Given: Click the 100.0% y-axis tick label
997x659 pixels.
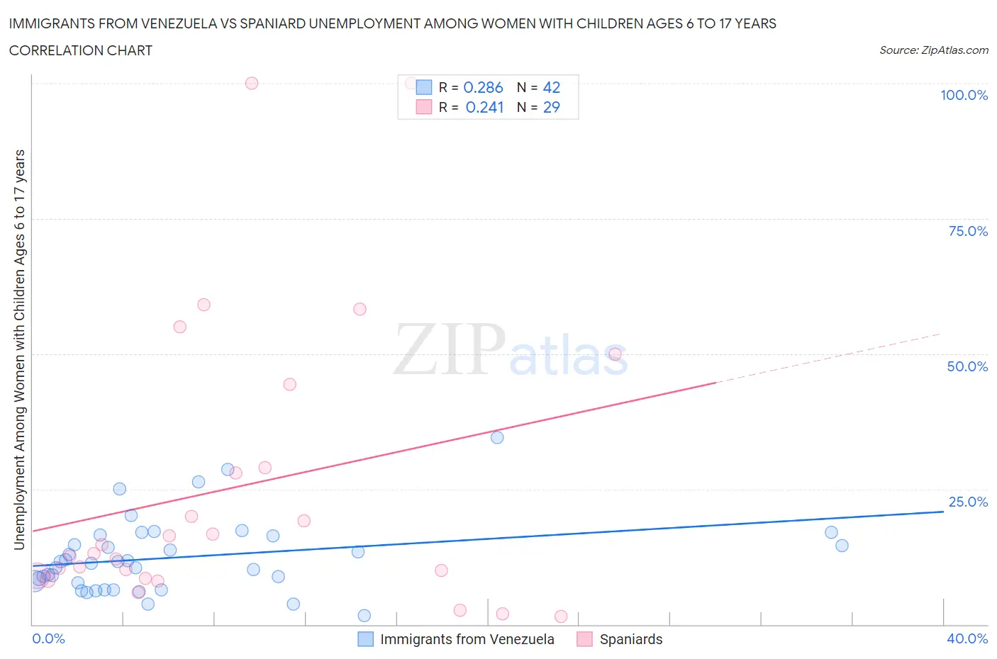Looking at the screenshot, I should (x=964, y=95).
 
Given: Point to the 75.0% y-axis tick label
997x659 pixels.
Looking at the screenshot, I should (x=967, y=231).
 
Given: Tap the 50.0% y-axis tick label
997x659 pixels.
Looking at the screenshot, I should (x=967, y=366).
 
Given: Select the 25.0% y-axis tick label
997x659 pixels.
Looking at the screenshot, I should (x=967, y=502).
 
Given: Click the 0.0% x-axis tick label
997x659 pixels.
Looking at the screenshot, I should (x=48, y=638).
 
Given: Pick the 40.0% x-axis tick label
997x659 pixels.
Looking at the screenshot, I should (x=967, y=638).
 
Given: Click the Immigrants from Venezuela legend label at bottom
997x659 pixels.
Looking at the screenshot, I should (x=467, y=639).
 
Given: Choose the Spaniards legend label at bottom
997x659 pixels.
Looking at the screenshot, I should (x=630, y=639).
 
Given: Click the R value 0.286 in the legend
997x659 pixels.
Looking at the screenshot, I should (x=483, y=87).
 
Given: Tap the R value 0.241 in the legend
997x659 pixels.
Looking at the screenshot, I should (x=484, y=107).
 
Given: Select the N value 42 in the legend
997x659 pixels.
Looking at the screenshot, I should (x=551, y=87).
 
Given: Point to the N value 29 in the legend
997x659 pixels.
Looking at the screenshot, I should (x=551, y=107).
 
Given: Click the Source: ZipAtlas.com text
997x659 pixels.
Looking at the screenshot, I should (x=933, y=50).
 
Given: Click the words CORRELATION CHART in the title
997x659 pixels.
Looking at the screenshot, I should (x=81, y=50).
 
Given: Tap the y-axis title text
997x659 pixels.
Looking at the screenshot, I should (x=19, y=350).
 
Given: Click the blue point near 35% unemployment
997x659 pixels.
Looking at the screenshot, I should (x=497, y=437).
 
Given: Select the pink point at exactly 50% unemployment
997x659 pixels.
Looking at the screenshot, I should (x=615, y=354).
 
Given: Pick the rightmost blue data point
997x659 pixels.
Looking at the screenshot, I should (x=842, y=546).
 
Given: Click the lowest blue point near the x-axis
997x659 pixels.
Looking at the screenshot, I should (x=364, y=615).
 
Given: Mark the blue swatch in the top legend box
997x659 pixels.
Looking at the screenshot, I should (x=423, y=87).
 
